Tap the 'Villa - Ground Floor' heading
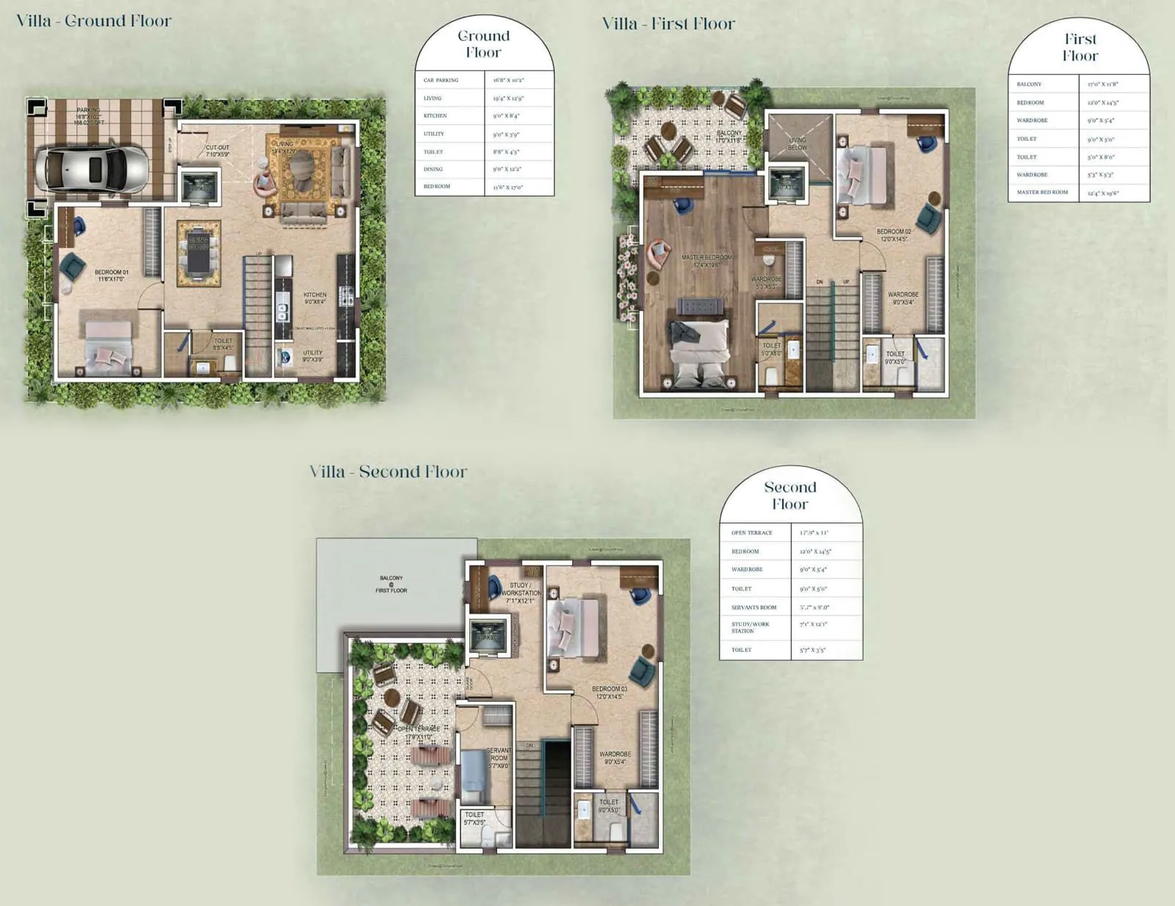point(94,21)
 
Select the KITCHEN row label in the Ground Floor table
point(435,116)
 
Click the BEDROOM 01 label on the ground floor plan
point(111,275)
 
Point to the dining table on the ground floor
point(198,253)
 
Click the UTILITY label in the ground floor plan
point(313,356)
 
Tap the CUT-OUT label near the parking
point(217,151)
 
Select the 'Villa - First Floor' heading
point(668,23)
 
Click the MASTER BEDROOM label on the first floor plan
point(706,261)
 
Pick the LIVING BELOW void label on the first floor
point(798,143)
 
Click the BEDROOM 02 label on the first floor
point(894,235)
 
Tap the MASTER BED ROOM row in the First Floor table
point(1042,192)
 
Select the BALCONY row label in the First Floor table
point(1029,84)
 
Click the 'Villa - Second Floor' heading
point(388,471)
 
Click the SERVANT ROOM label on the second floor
point(499,758)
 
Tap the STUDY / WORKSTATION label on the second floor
point(521,592)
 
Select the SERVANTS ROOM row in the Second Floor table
point(753,607)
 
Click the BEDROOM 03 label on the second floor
point(610,692)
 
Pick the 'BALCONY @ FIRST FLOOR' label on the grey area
point(391,584)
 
